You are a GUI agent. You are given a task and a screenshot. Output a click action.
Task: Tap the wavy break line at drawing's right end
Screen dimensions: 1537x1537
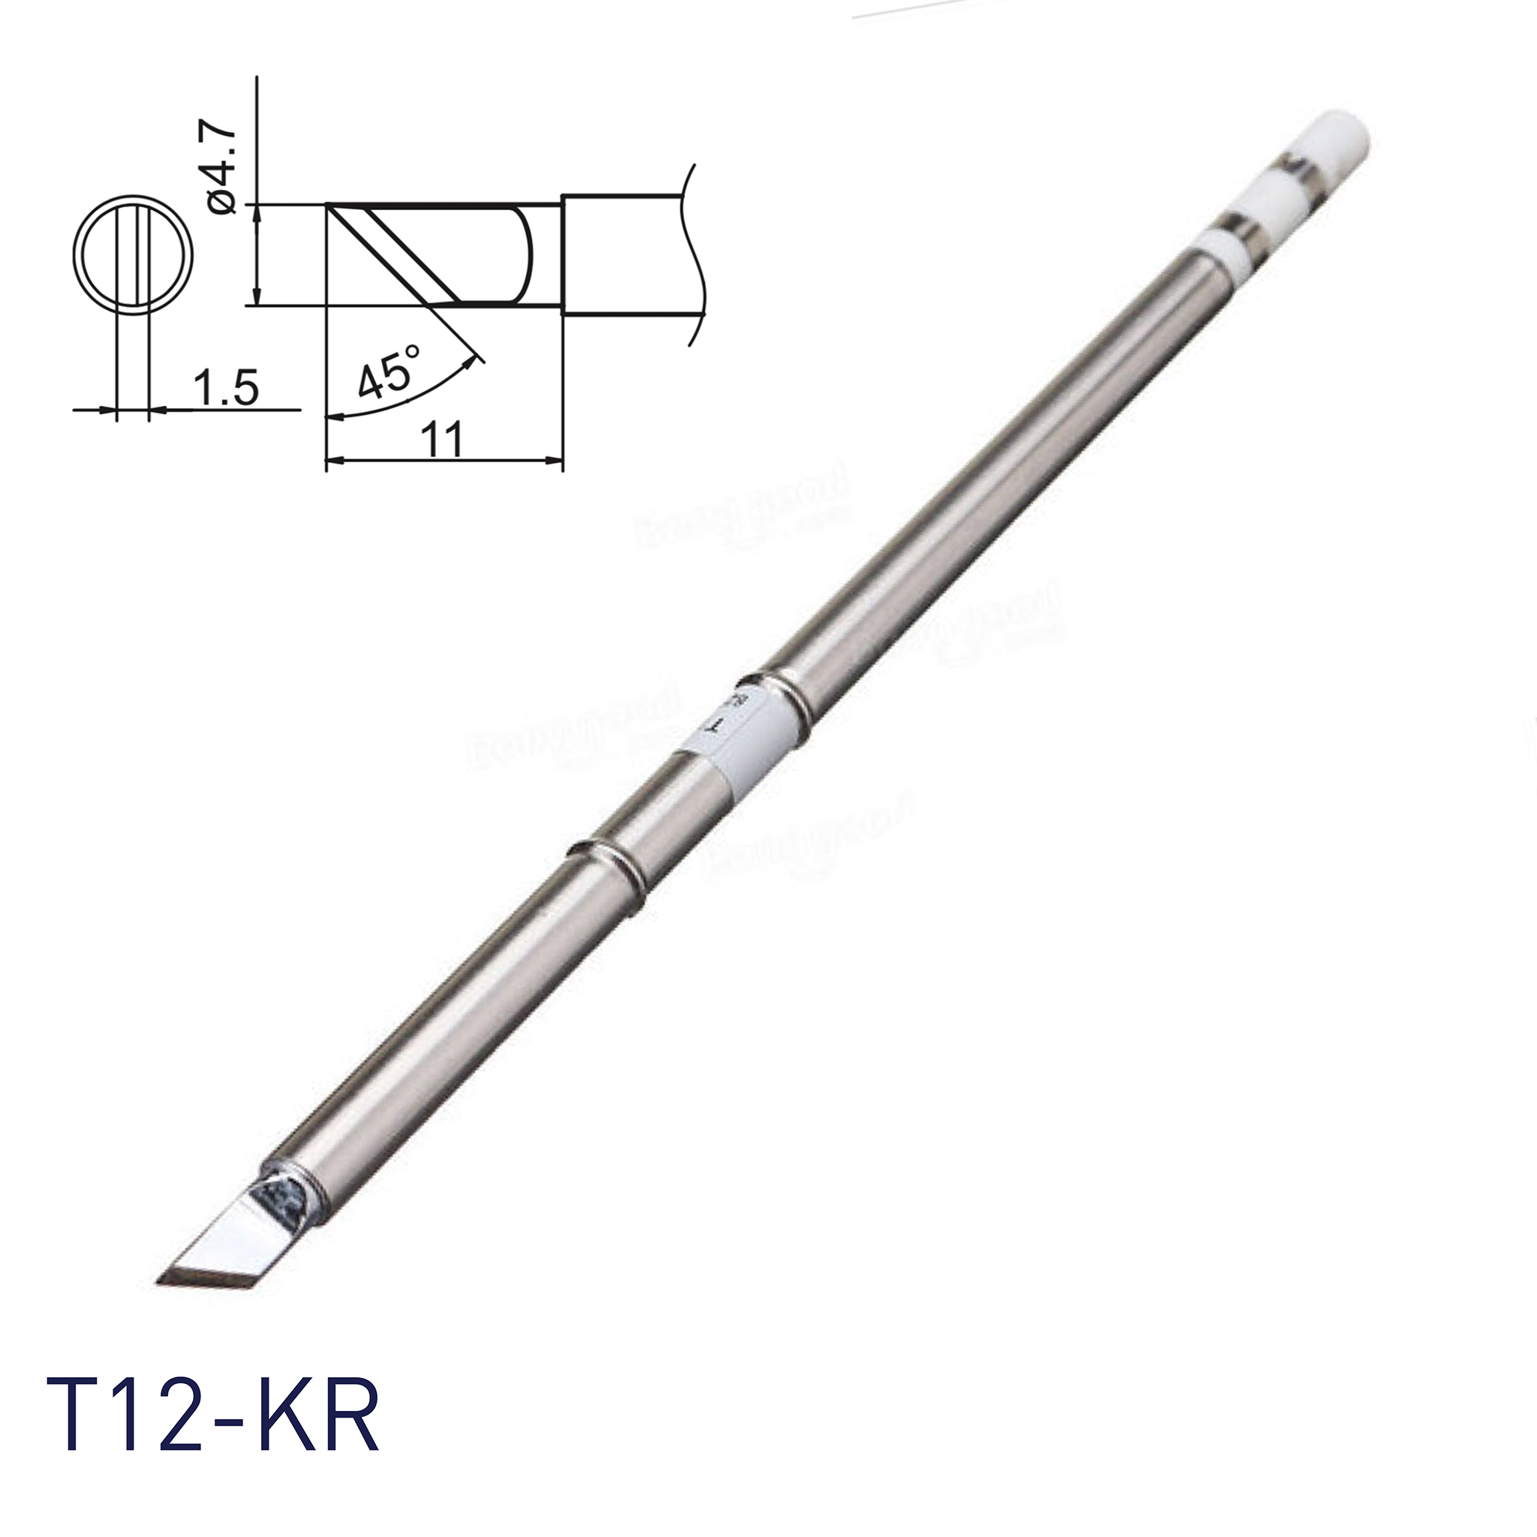[693, 254]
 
